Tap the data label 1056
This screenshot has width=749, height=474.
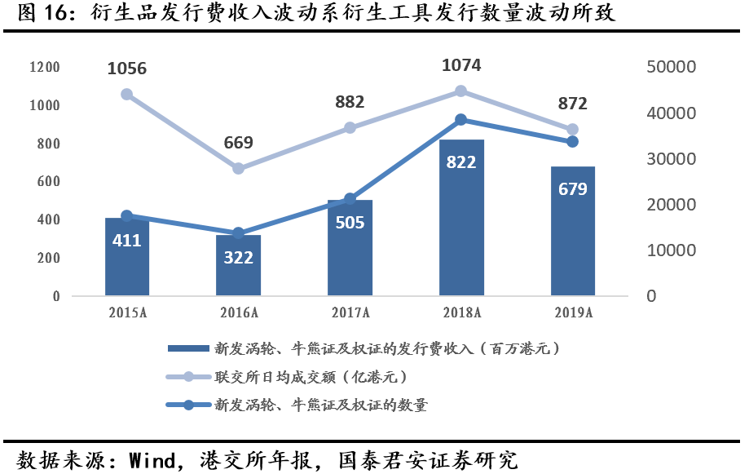(x=127, y=69)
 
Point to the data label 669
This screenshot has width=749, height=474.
(x=238, y=143)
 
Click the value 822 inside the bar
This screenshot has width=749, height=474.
(x=461, y=162)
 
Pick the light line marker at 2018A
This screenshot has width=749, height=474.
(x=461, y=91)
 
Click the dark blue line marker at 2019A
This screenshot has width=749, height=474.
(x=572, y=141)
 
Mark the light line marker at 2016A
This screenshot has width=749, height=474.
(x=238, y=168)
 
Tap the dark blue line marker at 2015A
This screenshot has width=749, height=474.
(x=127, y=215)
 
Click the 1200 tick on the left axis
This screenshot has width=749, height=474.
(x=44, y=67)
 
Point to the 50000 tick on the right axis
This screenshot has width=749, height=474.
(x=671, y=67)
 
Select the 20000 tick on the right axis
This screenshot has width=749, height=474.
(x=671, y=205)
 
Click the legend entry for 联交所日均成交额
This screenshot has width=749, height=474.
(x=310, y=377)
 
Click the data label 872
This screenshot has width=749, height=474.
(x=572, y=104)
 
